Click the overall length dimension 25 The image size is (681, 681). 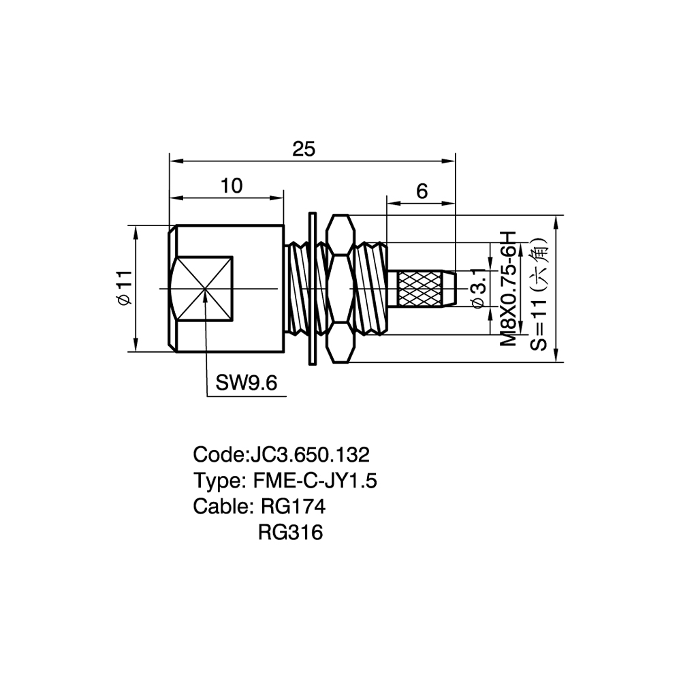[304, 149]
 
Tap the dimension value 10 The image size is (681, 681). [232, 186]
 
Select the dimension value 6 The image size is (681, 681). [422, 191]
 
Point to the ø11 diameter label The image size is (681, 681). [125, 287]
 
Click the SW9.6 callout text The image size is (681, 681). [247, 383]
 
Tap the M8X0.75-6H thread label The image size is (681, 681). [508, 288]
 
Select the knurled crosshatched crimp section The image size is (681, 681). [420, 288]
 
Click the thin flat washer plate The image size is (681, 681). [313, 288]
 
